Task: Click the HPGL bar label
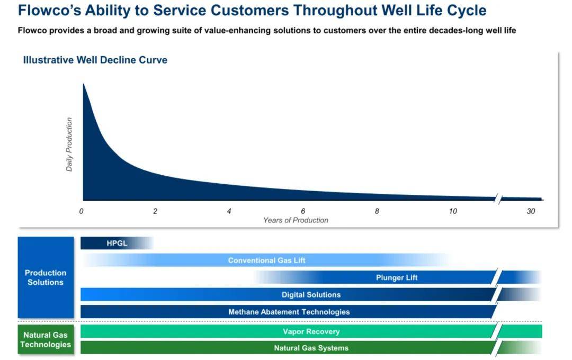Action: tap(117, 244)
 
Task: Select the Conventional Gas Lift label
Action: tap(266, 260)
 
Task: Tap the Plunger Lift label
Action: tap(397, 277)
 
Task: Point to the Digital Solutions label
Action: tap(311, 295)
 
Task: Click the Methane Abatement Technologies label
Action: tap(289, 312)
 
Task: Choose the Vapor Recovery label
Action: tap(311, 331)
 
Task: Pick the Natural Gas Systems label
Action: tap(311, 348)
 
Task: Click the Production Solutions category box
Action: tap(46, 277)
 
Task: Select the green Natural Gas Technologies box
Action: tap(46, 339)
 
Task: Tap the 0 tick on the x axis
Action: tap(82, 211)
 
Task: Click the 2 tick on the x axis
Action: tap(155, 211)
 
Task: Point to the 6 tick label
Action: tap(303, 211)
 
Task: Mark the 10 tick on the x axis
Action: tap(453, 211)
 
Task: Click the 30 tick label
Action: tap(531, 211)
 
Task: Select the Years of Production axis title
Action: tap(296, 220)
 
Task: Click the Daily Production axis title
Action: tap(69, 145)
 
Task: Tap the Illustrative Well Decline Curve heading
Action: tap(95, 60)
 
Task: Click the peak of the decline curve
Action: tap(84, 84)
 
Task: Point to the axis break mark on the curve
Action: tap(498, 199)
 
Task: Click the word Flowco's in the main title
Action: tap(49, 10)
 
